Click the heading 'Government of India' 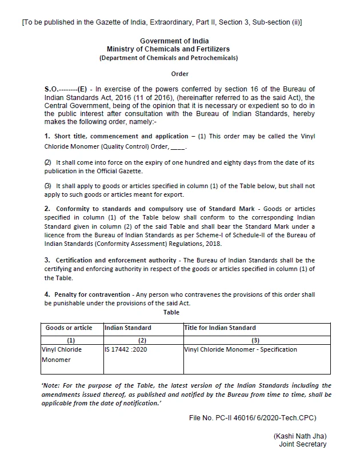click(x=174, y=41)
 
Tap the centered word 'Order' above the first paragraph click(x=179, y=74)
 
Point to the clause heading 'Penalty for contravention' click(x=91, y=295)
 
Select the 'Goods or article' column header click(x=69, y=328)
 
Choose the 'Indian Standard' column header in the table click(x=128, y=328)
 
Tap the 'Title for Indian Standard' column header click(x=220, y=328)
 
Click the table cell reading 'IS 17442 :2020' click(x=126, y=349)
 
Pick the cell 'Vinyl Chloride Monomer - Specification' click(x=241, y=349)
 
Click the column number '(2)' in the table click(x=143, y=340)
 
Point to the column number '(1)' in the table click(x=71, y=340)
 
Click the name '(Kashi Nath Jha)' click(x=300, y=436)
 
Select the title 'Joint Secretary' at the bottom click(x=303, y=444)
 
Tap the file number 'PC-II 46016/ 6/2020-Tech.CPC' click(x=266, y=418)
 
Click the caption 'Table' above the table click(x=171, y=312)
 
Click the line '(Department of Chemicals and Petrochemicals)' click(x=169, y=58)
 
